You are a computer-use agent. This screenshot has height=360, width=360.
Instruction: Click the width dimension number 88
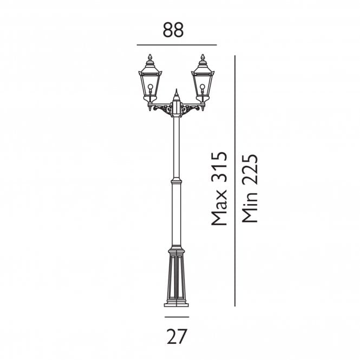[173, 30]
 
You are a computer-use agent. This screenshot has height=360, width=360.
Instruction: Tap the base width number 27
[176, 337]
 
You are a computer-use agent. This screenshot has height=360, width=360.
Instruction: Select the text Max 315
[219, 188]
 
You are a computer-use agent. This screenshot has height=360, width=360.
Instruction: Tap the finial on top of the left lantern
[150, 58]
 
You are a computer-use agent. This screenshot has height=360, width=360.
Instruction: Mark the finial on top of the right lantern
[202, 58]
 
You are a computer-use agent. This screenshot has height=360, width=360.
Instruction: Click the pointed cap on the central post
[176, 96]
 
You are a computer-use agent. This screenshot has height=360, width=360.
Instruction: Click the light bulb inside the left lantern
[150, 88]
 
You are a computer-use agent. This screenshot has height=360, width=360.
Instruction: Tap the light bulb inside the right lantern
[202, 88]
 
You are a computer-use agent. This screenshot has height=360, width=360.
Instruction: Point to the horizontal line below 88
[176, 45]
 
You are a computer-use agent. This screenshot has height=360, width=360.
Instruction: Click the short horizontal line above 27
[176, 317]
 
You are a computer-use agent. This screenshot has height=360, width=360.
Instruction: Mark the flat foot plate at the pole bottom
[176, 304]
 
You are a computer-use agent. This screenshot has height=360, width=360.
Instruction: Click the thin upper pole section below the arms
[176, 146]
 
